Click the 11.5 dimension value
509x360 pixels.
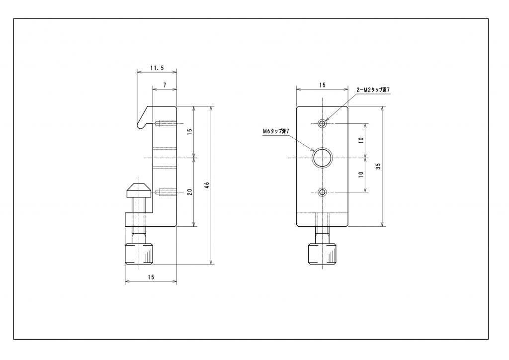(x=156, y=68)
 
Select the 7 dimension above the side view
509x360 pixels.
(x=165, y=86)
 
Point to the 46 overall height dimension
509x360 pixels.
(x=207, y=185)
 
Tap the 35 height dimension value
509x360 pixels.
(x=378, y=166)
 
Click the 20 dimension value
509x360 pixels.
(x=190, y=192)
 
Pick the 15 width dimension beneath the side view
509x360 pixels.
(x=150, y=277)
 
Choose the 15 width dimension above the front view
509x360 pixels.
(x=322, y=86)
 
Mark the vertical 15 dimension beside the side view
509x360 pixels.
(x=190, y=132)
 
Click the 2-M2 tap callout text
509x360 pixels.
(x=373, y=90)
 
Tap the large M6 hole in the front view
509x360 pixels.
(x=322, y=158)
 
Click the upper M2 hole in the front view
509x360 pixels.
(x=322, y=123)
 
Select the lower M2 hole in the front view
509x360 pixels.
(x=322, y=192)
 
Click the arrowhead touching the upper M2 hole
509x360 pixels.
(x=327, y=120)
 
